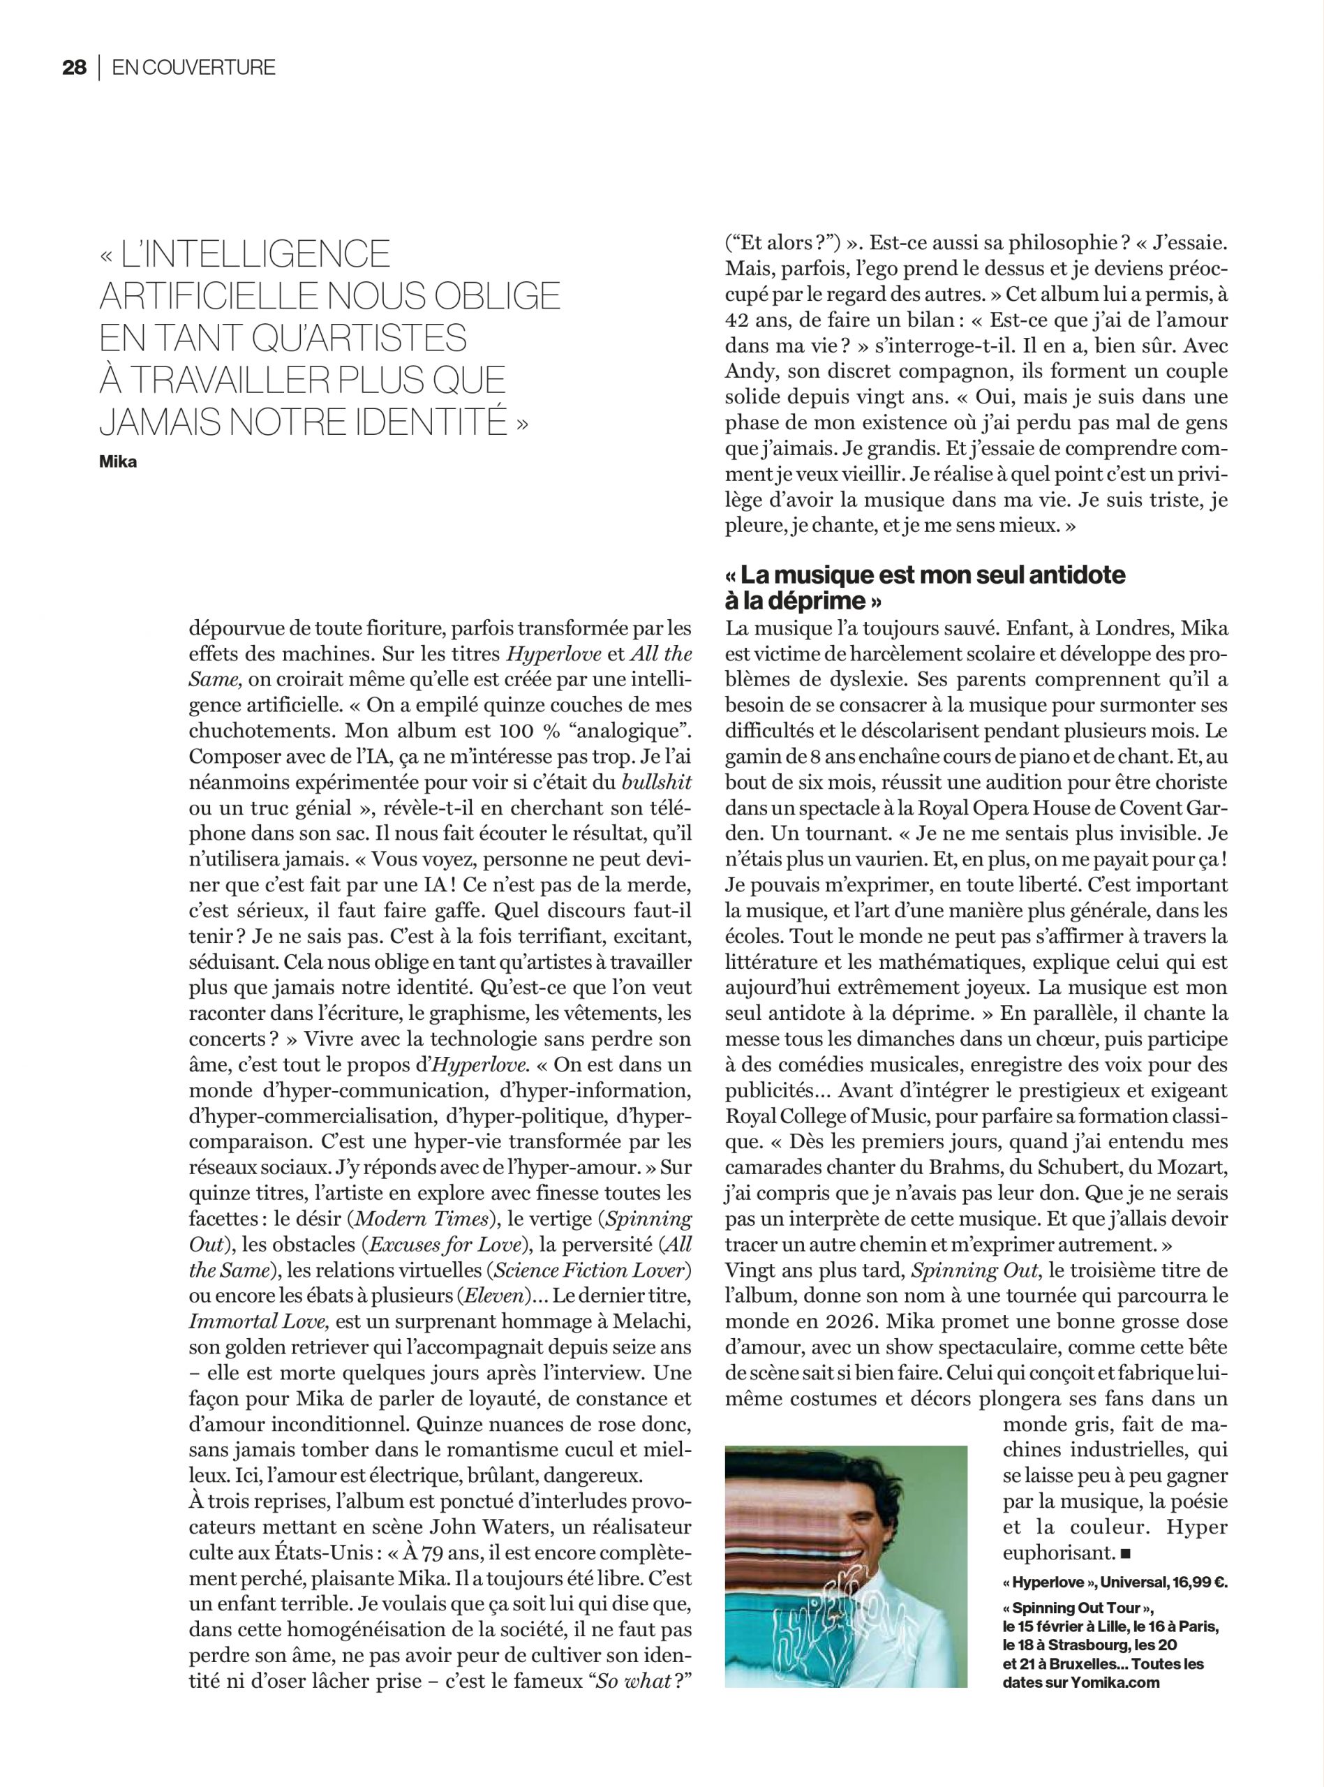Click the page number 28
74,68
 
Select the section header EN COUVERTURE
193,68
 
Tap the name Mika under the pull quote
118,462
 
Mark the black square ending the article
1126,1555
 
